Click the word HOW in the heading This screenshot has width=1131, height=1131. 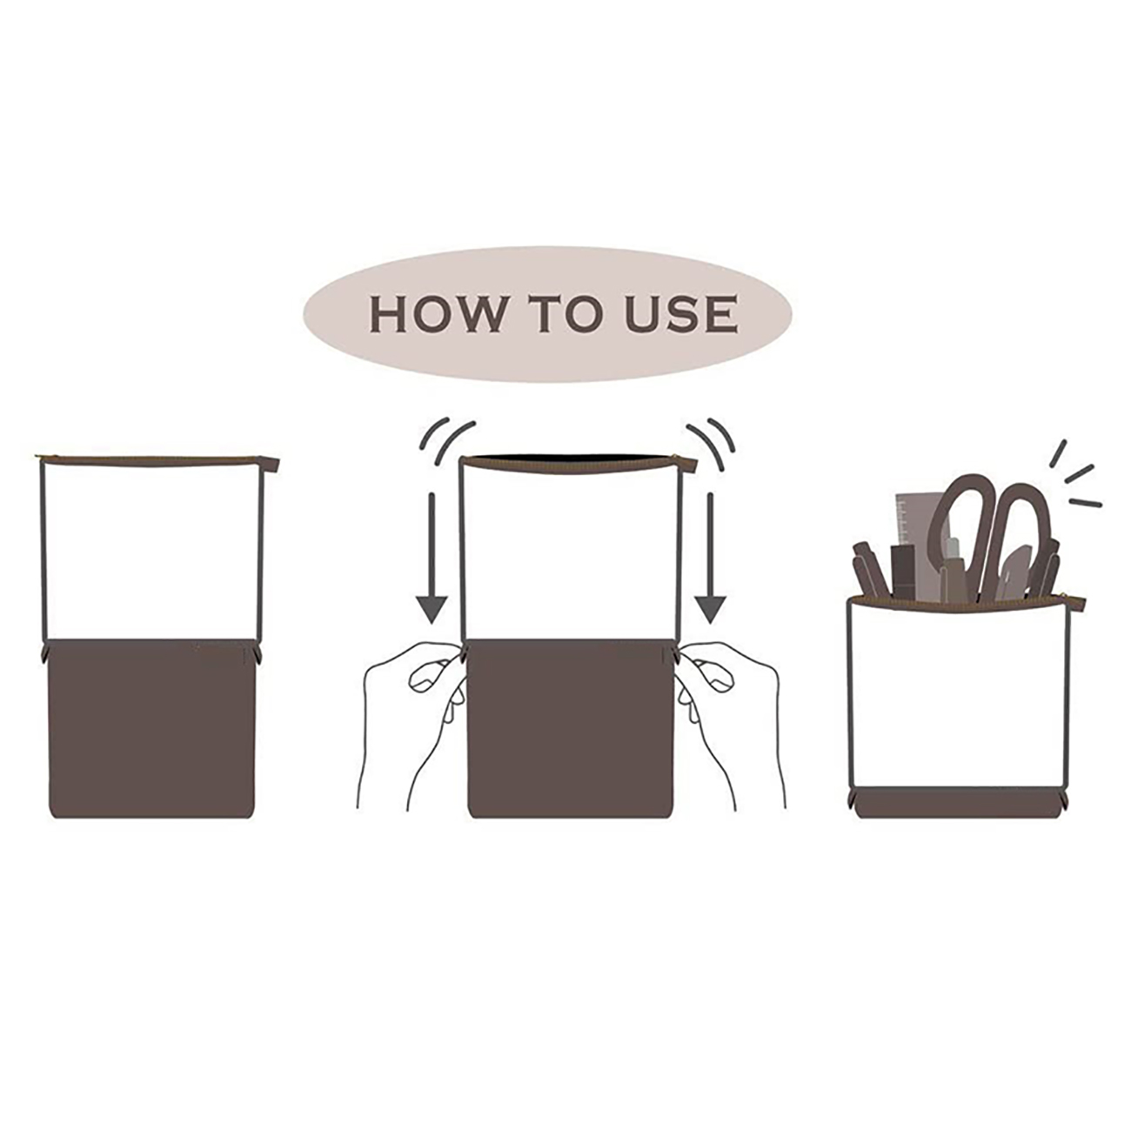[438, 314]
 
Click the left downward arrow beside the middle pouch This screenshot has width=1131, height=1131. [432, 559]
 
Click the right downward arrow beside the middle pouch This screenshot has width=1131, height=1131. [710, 559]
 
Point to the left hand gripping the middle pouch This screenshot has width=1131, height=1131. [411, 722]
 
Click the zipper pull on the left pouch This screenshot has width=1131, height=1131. [273, 465]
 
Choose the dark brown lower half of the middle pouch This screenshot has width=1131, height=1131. [571, 729]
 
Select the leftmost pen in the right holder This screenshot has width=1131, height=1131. [867, 569]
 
